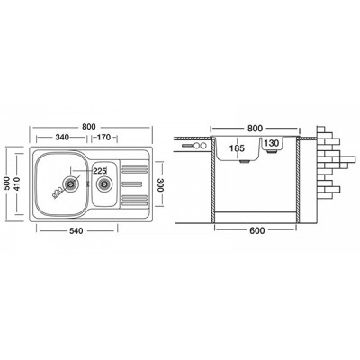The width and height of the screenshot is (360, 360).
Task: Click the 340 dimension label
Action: pyautogui.click(x=62, y=138)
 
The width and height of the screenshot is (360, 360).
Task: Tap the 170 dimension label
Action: pyautogui.click(x=104, y=138)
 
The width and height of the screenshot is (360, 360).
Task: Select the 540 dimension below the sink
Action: pyautogui.click(x=76, y=230)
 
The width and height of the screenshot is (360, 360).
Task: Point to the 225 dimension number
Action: pyautogui.click(x=100, y=171)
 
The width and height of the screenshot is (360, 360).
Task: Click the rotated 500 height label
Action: pyautogui.click(x=7, y=184)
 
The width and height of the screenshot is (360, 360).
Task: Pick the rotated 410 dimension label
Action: pyautogui.click(x=16, y=184)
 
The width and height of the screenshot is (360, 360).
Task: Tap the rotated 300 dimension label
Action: pyautogui.click(x=159, y=184)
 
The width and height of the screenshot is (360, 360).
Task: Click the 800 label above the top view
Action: pyautogui.click(x=89, y=127)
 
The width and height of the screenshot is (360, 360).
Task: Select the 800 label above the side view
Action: pyautogui.click(x=255, y=129)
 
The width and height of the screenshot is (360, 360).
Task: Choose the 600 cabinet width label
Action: pyautogui.click(x=257, y=230)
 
